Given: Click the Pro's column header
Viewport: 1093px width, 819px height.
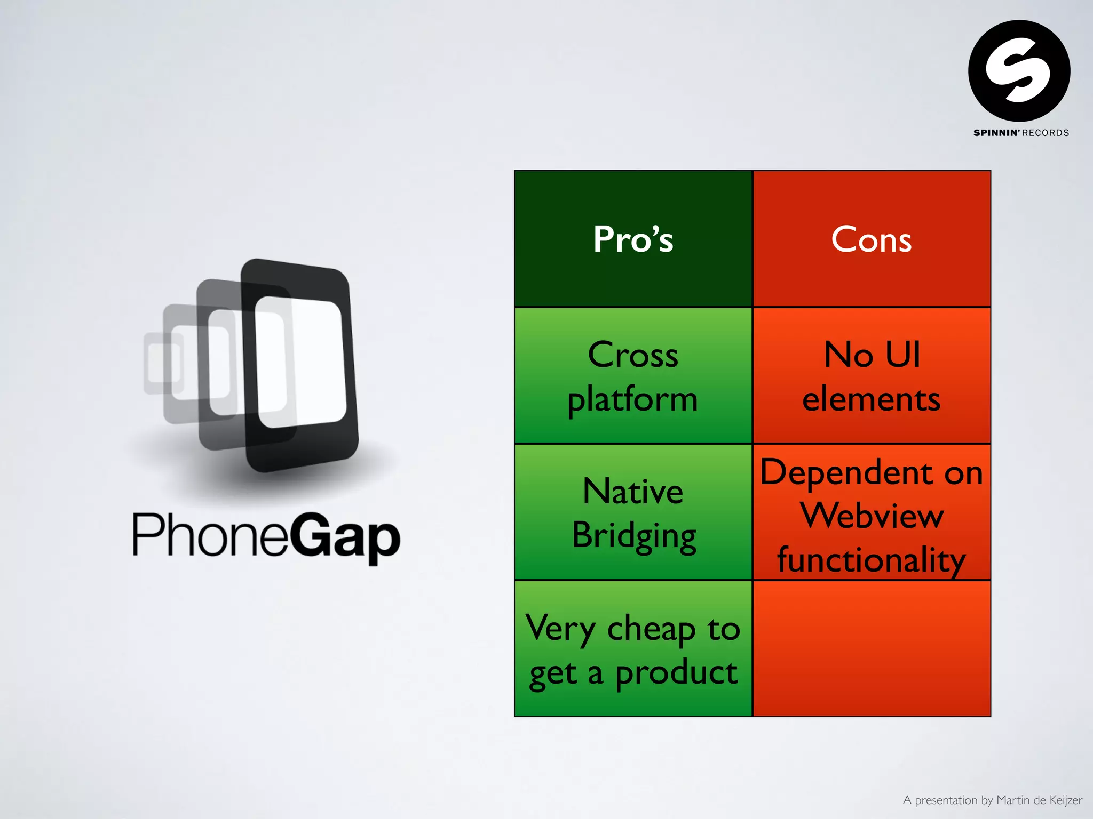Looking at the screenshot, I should [x=633, y=239].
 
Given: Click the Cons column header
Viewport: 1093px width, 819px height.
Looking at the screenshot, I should [x=871, y=239].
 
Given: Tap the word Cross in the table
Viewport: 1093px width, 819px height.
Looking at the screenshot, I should [x=633, y=355].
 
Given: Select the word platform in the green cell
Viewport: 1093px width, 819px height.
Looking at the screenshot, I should [x=633, y=400].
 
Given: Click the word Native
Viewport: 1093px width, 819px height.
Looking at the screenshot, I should [x=633, y=491].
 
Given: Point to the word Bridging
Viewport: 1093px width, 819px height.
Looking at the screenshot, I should [x=634, y=535].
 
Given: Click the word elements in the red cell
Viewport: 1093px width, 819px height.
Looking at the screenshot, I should [x=871, y=399].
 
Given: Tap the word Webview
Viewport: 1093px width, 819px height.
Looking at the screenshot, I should [x=872, y=516].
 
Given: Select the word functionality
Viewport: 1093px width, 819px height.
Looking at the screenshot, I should [x=871, y=560].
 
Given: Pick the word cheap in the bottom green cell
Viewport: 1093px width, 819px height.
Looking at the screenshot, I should [x=651, y=629].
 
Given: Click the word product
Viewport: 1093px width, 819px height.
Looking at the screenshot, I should [x=677, y=673].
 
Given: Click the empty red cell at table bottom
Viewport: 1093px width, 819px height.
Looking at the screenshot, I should [x=871, y=648].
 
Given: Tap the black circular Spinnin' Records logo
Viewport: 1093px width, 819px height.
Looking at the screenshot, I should [x=1019, y=71].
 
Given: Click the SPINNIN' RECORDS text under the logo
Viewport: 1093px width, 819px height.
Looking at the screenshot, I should [x=1021, y=133].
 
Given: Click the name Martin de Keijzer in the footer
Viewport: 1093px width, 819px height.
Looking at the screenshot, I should [x=1039, y=800].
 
